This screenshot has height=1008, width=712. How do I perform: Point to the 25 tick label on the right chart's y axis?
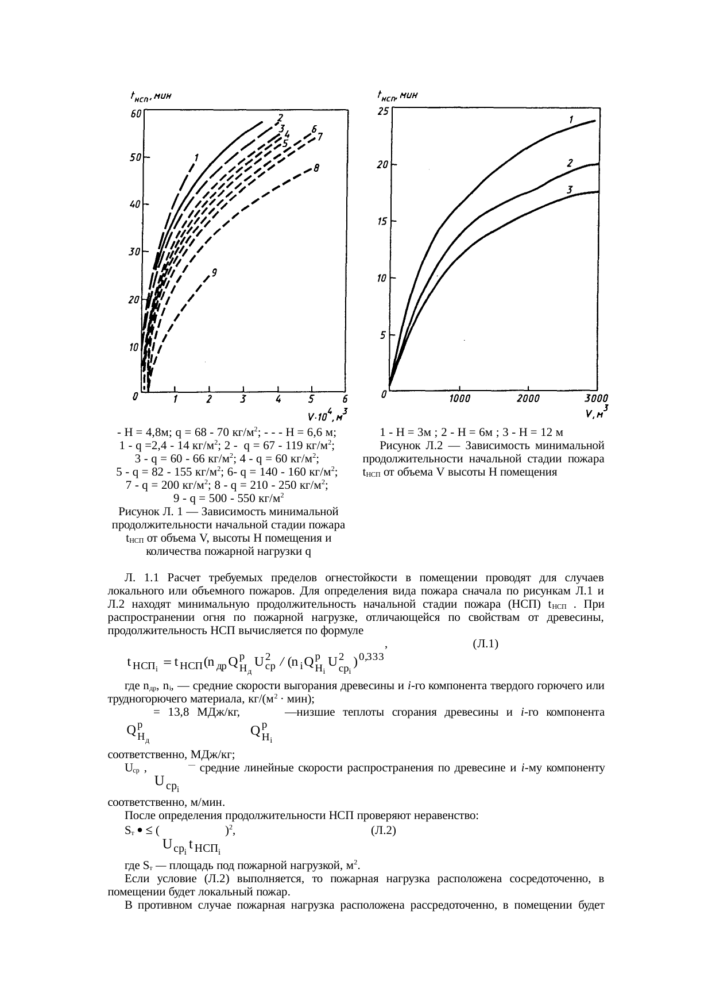(382, 111)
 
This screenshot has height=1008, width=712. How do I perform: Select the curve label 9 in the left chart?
(214, 273)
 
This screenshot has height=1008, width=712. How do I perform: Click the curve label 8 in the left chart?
(316, 168)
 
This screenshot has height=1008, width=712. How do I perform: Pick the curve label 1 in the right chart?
(571, 120)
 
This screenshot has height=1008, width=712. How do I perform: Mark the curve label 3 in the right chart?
(570, 189)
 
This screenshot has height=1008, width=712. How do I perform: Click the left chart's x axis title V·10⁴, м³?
(327, 415)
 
